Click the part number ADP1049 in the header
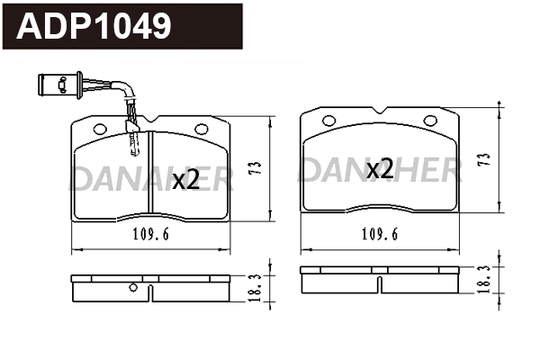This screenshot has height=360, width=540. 94,27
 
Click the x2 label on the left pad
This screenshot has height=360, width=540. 185,179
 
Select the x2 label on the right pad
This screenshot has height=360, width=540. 379,167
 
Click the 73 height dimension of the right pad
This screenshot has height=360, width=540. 485,160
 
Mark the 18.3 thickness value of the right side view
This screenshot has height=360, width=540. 486,276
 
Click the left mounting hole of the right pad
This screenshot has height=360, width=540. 328,120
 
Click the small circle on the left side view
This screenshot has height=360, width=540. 133,288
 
